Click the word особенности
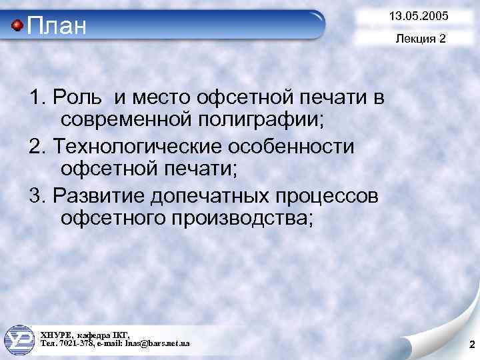[297, 145]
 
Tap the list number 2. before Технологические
[39, 145]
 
